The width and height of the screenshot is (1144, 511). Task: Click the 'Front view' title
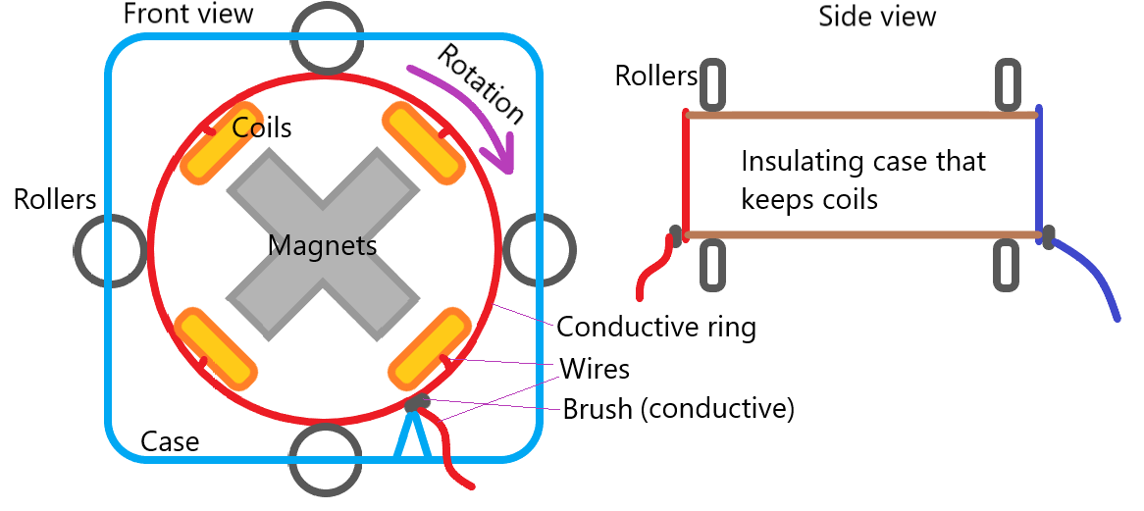(188, 14)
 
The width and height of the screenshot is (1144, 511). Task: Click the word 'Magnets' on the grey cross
(323, 245)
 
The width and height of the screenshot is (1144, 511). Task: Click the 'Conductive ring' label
(655, 326)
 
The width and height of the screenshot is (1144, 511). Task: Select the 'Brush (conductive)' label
(678, 408)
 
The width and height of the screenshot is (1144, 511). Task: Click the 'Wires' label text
(594, 369)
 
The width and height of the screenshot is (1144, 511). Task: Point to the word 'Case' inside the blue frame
(170, 441)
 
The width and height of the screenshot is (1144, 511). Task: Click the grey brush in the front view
(416, 402)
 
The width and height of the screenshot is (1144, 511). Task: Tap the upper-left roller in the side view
(713, 84)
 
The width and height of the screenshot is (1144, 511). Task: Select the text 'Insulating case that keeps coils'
(863, 179)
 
